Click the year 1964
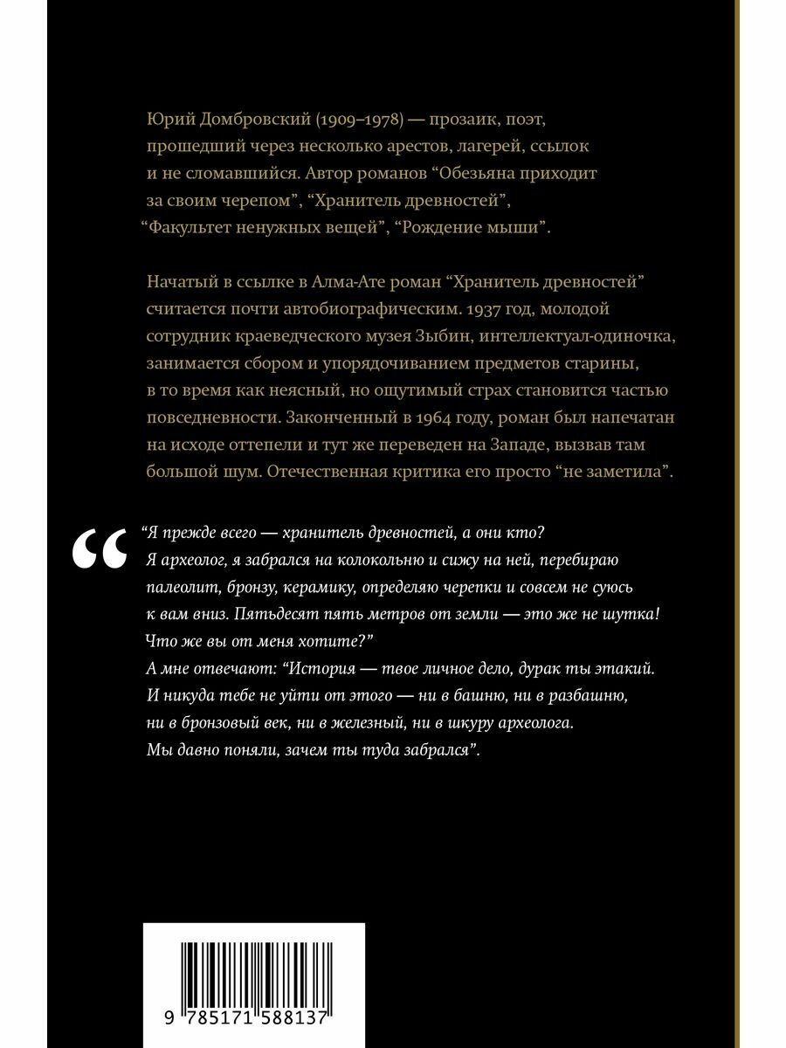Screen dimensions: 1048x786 [x=419, y=417]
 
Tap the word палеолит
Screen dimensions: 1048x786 [x=175, y=585]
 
